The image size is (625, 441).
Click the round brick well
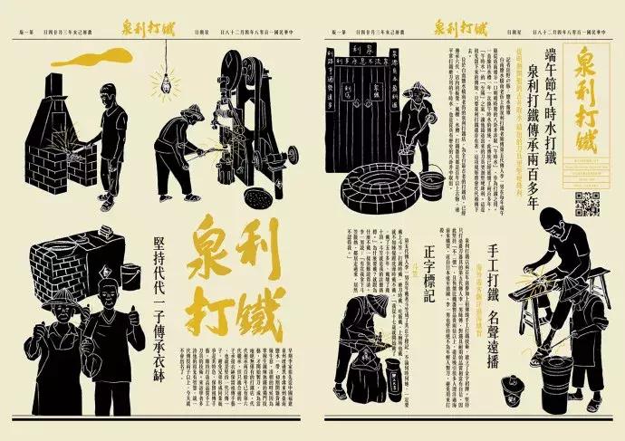tap(380, 185)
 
